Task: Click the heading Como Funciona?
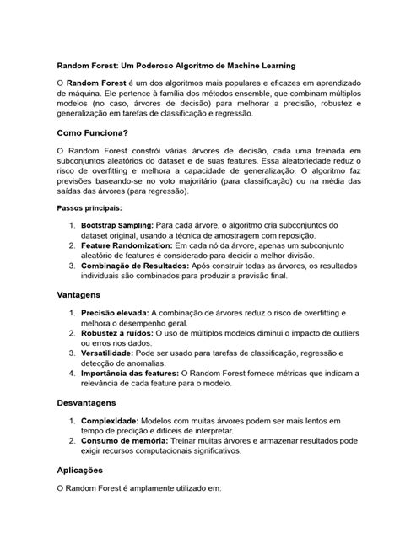point(92,132)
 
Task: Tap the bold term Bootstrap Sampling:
point(116,226)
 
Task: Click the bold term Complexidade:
point(114,420)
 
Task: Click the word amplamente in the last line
point(160,487)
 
